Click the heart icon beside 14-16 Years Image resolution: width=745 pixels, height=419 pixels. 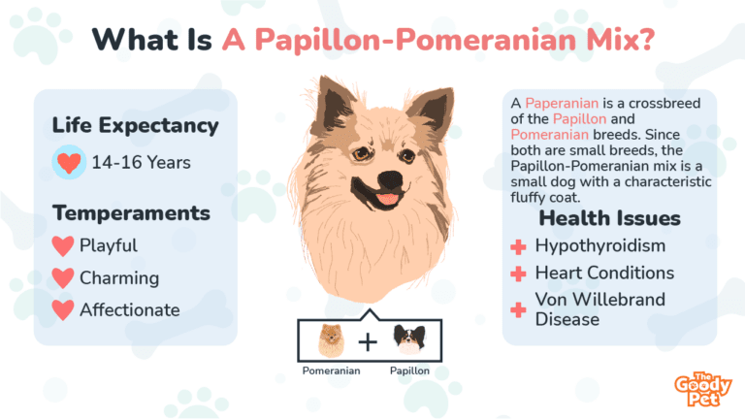69,163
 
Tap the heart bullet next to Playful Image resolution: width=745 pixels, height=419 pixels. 63,246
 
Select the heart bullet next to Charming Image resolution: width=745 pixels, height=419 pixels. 63,278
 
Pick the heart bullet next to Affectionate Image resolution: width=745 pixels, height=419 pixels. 63,310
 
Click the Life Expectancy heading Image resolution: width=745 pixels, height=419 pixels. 136,125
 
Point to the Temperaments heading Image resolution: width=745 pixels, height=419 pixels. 131,212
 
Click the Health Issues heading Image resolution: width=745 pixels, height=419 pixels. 609,218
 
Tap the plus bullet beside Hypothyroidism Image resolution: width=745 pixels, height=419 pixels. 518,247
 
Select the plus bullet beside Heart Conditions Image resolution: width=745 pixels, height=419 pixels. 518,274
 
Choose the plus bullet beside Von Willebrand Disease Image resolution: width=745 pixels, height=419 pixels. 518,310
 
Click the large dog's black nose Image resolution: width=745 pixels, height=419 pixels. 391,179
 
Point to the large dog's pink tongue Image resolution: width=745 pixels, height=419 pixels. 387,199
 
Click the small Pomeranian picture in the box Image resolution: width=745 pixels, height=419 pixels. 331,340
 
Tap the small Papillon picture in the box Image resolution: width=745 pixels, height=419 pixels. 409,340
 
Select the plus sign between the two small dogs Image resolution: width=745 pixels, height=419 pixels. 368,342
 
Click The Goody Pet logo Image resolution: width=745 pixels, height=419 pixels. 703,389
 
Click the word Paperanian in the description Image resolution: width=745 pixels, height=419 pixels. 562,103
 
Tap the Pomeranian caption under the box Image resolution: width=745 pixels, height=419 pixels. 331,371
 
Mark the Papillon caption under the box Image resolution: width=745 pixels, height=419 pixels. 409,371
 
